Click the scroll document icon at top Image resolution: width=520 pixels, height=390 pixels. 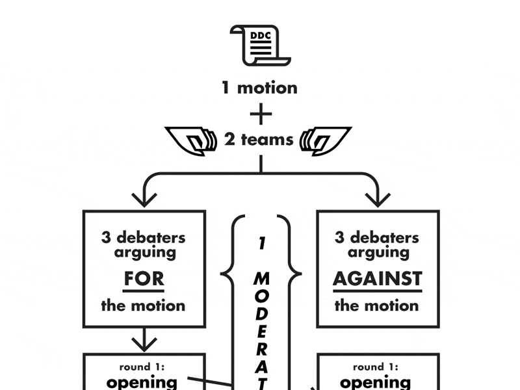click(260, 45)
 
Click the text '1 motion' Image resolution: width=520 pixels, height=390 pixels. click(259, 88)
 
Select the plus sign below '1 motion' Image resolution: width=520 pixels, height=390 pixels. click(261, 114)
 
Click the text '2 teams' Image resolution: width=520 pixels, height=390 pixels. click(259, 139)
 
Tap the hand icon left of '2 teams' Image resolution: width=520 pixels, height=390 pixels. click(192, 140)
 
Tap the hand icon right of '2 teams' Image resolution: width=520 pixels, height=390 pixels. click(326, 140)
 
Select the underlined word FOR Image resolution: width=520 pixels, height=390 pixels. click(144, 279)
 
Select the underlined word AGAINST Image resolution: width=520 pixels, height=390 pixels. click(378, 279)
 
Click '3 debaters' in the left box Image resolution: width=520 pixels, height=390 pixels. click(144, 237)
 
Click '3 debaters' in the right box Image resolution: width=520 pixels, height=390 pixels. click(378, 237)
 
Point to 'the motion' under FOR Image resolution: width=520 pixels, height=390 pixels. click(144, 305)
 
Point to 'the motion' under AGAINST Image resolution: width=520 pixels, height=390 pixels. click(378, 305)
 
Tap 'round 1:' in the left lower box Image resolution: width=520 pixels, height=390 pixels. click(144, 367)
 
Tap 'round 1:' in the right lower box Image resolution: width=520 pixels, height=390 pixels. click(378, 367)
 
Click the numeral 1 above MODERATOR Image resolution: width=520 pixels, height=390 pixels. click(261, 244)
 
